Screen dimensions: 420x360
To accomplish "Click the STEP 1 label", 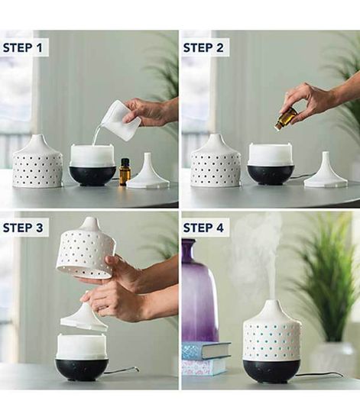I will pos(25,47).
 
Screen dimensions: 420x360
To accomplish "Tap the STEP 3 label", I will pos(25,228).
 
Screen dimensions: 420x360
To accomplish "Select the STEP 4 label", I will pos(206,228).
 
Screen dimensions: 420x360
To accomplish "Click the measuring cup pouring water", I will pos(120,120).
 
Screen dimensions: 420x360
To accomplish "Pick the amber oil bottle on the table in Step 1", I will pos(125,172).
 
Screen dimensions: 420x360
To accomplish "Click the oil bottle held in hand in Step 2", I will pos(287,118).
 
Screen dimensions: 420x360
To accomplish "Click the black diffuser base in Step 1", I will pos(92,176).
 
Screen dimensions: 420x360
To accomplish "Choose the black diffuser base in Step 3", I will pos(82,369).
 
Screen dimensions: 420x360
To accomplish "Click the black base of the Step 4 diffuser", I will pos(271,370).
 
